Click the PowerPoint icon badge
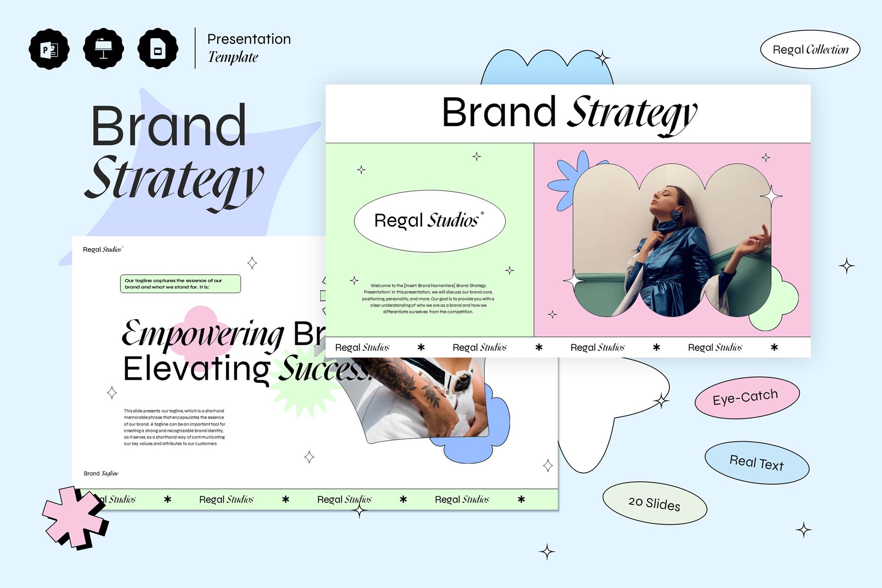pos(49,49)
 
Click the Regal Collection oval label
pos(810,50)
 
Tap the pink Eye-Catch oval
pos(746,398)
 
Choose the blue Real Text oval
pos(756,463)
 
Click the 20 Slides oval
pos(654,503)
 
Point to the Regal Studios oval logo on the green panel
pos(430,221)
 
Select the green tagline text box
pos(180,284)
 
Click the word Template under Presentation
pos(233,57)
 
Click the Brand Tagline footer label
pos(101,473)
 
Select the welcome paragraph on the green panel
pos(428,299)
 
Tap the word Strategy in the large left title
pos(174,180)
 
